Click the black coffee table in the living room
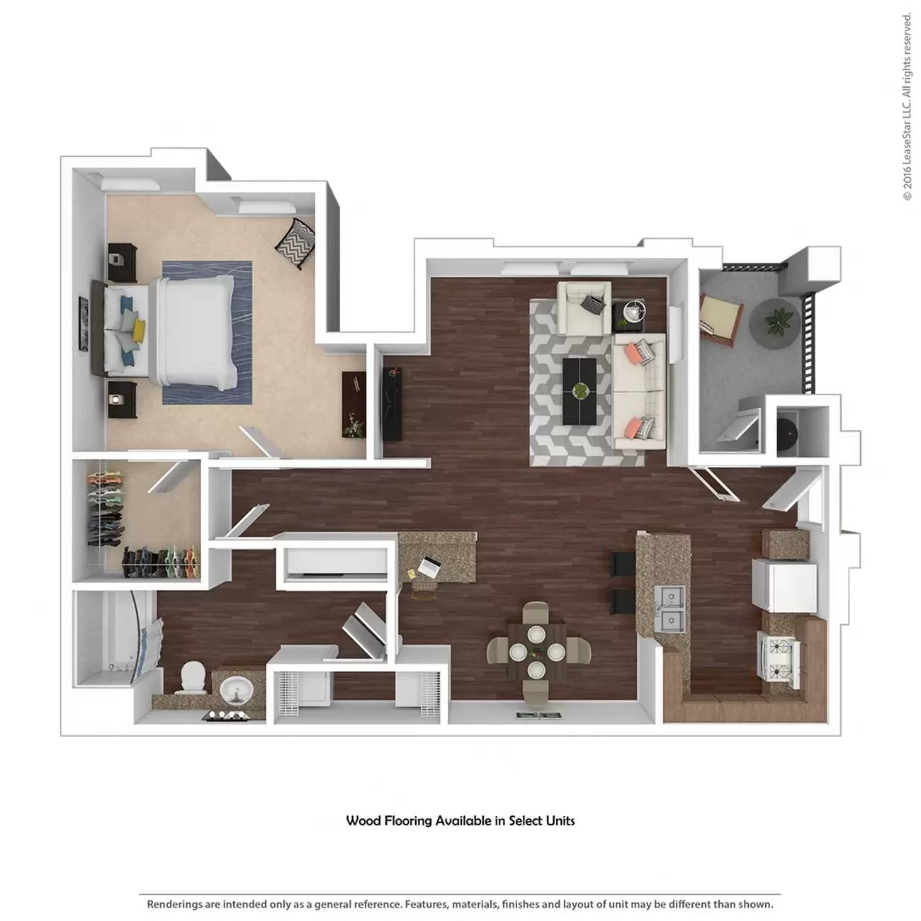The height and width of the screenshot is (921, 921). click(580, 391)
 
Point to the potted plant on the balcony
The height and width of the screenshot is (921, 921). click(778, 322)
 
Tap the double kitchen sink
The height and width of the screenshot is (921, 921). click(669, 609)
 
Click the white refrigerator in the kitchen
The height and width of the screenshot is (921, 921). click(785, 585)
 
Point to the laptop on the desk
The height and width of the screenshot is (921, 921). click(428, 567)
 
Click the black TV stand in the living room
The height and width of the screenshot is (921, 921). click(391, 404)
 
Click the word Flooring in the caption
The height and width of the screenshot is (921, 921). click(408, 821)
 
